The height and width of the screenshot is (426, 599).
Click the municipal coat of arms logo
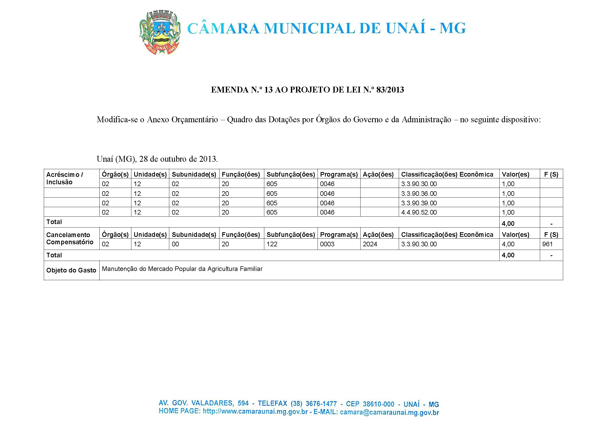pyautogui.click(x=160, y=33)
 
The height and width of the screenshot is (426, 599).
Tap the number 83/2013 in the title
pyautogui.click(x=390, y=90)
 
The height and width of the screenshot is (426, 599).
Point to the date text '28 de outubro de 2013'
pyautogui.click(x=178, y=159)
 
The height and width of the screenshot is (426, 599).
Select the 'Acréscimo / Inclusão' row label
pyautogui.click(x=65, y=178)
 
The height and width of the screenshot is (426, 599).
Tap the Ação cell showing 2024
pyautogui.click(x=370, y=244)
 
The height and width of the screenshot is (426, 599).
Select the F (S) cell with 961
pyautogui.click(x=547, y=244)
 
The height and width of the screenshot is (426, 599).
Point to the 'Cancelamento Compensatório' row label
pyautogui.click(x=69, y=238)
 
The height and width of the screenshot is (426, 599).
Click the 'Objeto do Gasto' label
pyautogui.click(x=71, y=270)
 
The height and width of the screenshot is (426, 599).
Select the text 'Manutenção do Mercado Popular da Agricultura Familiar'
pyautogui.click(x=182, y=269)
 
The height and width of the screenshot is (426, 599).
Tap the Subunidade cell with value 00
pyautogui.click(x=175, y=244)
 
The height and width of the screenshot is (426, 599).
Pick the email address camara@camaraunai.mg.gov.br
pyautogui.click(x=389, y=412)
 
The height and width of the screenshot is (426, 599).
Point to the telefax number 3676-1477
pyautogui.click(x=321, y=404)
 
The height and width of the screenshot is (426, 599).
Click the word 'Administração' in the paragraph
pyautogui.click(x=426, y=120)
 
